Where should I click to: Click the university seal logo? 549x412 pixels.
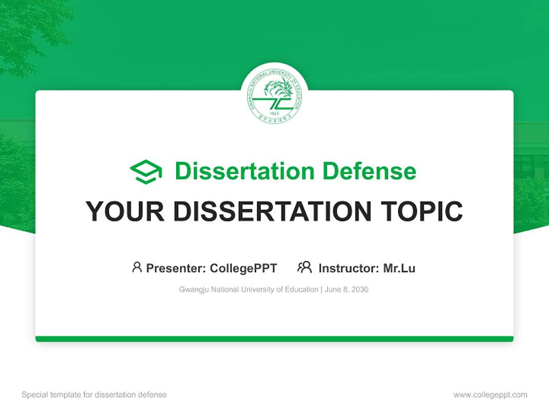click(274, 96)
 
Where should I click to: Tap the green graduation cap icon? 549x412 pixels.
click(146, 172)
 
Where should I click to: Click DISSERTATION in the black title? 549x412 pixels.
click(272, 212)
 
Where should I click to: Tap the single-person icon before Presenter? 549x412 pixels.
click(137, 267)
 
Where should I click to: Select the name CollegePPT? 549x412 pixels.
click(244, 268)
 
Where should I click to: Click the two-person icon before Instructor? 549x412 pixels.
click(304, 267)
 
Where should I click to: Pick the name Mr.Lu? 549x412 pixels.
click(399, 268)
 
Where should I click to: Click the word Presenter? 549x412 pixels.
click(176, 268)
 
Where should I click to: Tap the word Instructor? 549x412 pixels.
click(349, 268)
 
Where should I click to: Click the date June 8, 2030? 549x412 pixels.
click(347, 290)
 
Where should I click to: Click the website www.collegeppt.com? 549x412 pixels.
click(490, 395)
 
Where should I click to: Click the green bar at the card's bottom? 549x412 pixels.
click(274, 339)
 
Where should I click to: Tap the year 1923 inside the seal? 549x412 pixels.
click(274, 113)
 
